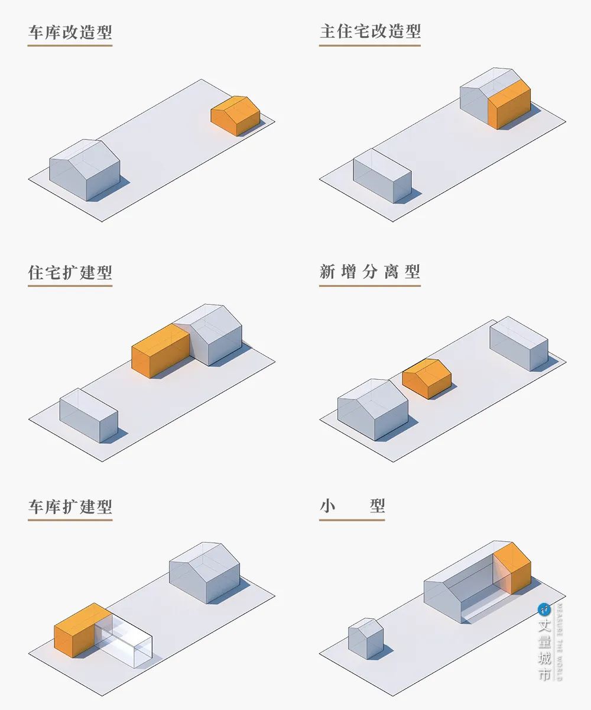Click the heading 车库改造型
(x=70, y=32)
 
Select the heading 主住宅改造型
(x=370, y=32)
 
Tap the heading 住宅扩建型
(x=70, y=273)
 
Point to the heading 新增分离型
(x=370, y=272)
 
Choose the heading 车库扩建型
(x=70, y=507)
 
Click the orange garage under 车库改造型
(x=236, y=117)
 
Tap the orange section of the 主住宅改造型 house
(x=509, y=106)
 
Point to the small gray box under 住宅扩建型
(x=89, y=415)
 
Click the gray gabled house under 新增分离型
(x=372, y=409)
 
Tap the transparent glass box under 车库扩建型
(x=126, y=637)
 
